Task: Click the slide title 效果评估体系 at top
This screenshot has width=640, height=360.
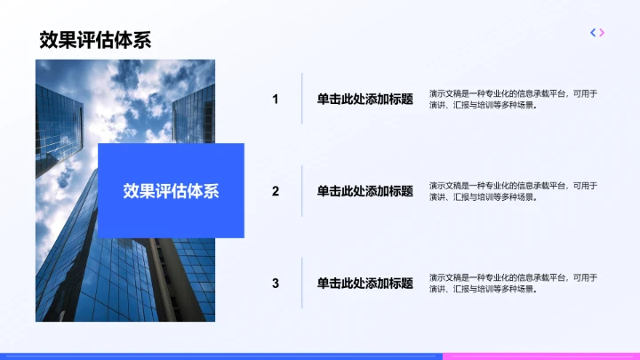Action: click(94, 40)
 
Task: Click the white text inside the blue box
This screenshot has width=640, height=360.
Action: click(171, 191)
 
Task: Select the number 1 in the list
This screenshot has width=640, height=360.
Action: click(276, 100)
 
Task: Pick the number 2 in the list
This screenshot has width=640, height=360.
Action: click(276, 191)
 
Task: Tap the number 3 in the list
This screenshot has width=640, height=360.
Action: click(276, 284)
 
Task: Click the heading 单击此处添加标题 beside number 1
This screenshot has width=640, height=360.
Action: click(364, 100)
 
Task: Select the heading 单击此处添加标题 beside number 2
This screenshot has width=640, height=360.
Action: click(364, 191)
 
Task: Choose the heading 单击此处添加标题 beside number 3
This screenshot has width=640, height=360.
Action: click(364, 284)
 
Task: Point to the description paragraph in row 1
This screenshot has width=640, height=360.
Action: click(513, 100)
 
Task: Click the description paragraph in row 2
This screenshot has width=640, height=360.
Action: click(513, 191)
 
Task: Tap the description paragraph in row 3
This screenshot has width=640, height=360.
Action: click(513, 284)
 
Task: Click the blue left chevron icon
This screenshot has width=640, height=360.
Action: click(593, 33)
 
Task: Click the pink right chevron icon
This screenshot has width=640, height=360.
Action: click(603, 33)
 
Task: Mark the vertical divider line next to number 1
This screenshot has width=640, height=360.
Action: click(302, 99)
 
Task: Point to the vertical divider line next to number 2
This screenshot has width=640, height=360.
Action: click(302, 191)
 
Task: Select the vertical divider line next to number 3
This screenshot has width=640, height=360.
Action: click(302, 284)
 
